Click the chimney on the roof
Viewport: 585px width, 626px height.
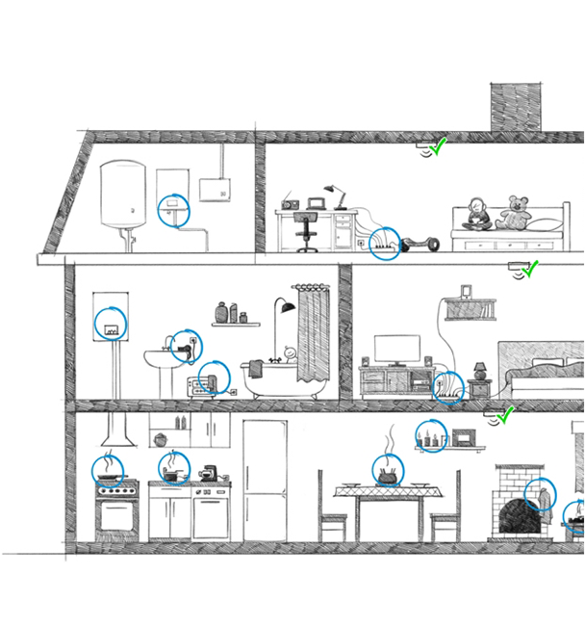pos(517,106)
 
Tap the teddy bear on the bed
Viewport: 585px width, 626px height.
pos(517,212)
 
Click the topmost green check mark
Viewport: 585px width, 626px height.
pos(439,146)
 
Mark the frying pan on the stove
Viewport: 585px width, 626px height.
pos(110,473)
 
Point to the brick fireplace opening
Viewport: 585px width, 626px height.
pos(518,515)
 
